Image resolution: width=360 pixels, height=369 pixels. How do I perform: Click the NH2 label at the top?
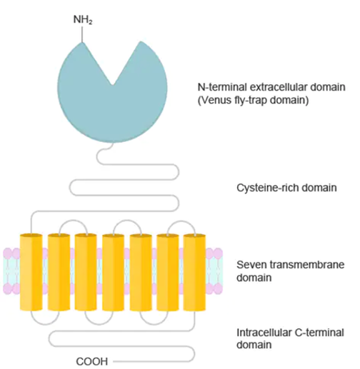pyautogui.click(x=83, y=20)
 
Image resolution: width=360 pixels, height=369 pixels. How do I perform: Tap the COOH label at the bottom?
pyautogui.click(x=92, y=361)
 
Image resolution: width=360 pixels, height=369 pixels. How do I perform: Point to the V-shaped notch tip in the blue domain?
pyautogui.click(x=112, y=85)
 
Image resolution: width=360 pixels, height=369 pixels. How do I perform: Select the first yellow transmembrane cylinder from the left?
pyautogui.click(x=31, y=272)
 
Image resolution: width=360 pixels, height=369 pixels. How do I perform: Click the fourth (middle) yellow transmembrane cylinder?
pyautogui.click(x=113, y=272)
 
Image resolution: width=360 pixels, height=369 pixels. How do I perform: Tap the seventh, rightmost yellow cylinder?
pyautogui.click(x=194, y=272)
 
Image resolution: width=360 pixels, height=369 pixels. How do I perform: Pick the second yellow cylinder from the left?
pyautogui.click(x=59, y=272)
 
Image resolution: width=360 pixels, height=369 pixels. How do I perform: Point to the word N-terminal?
pyautogui.click(x=222, y=87)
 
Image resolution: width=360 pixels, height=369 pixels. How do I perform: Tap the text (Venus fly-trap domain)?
pyautogui.click(x=253, y=100)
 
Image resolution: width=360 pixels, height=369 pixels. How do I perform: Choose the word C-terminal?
pyautogui.click(x=319, y=333)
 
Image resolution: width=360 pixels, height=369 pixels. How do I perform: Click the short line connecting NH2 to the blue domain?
pyautogui.click(x=82, y=34)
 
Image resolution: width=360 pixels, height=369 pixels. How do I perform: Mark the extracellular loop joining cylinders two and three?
pyautogui.click(x=74, y=221)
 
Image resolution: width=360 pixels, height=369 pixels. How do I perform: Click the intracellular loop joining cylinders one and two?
pyautogui.click(x=45, y=324)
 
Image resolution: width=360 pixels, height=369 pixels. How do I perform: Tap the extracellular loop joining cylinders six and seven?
pyautogui.click(x=181, y=221)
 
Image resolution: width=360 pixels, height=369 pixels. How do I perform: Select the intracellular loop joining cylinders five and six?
pyautogui.click(x=154, y=324)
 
